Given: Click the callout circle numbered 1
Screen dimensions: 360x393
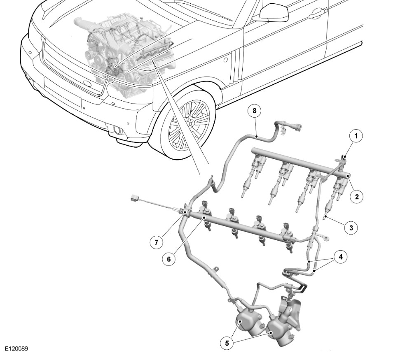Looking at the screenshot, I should click(356, 135).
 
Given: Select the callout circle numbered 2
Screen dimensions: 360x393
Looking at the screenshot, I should click(356, 196).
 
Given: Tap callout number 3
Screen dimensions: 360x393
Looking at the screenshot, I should click(351, 227).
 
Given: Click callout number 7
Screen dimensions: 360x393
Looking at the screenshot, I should click(156, 242).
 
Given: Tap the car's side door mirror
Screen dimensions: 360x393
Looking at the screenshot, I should click(273, 12).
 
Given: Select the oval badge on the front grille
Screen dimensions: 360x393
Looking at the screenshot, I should click(87, 84).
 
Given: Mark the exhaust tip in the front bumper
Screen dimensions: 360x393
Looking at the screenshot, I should click(119, 131).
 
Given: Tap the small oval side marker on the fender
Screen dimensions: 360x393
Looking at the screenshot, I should click(225, 60).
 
